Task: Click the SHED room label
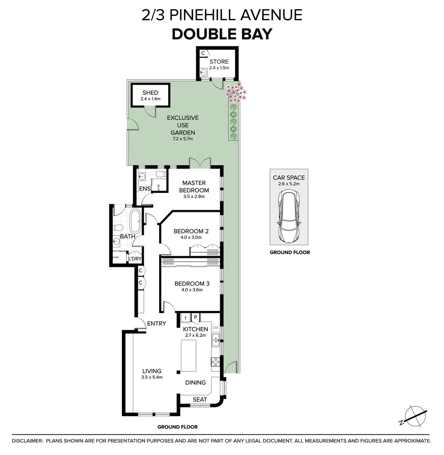pyautogui.click(x=150, y=93)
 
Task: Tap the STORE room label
pyautogui.click(x=219, y=62)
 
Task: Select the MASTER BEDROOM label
pyautogui.click(x=194, y=186)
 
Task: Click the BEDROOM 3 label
pyautogui.click(x=192, y=284)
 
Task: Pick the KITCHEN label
pyautogui.click(x=195, y=329)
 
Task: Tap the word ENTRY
pyautogui.click(x=156, y=324)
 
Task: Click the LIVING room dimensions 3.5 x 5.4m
pyautogui.click(x=152, y=377)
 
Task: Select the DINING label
pyautogui.click(x=196, y=383)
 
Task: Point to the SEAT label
pyautogui.click(x=200, y=399)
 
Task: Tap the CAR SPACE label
pyautogui.click(x=289, y=178)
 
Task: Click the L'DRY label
pyautogui.click(x=135, y=258)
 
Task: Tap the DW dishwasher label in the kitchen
pyautogui.click(x=215, y=328)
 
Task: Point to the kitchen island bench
pyautogui.click(x=188, y=356)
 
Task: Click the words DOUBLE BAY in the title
pyautogui.click(x=222, y=34)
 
